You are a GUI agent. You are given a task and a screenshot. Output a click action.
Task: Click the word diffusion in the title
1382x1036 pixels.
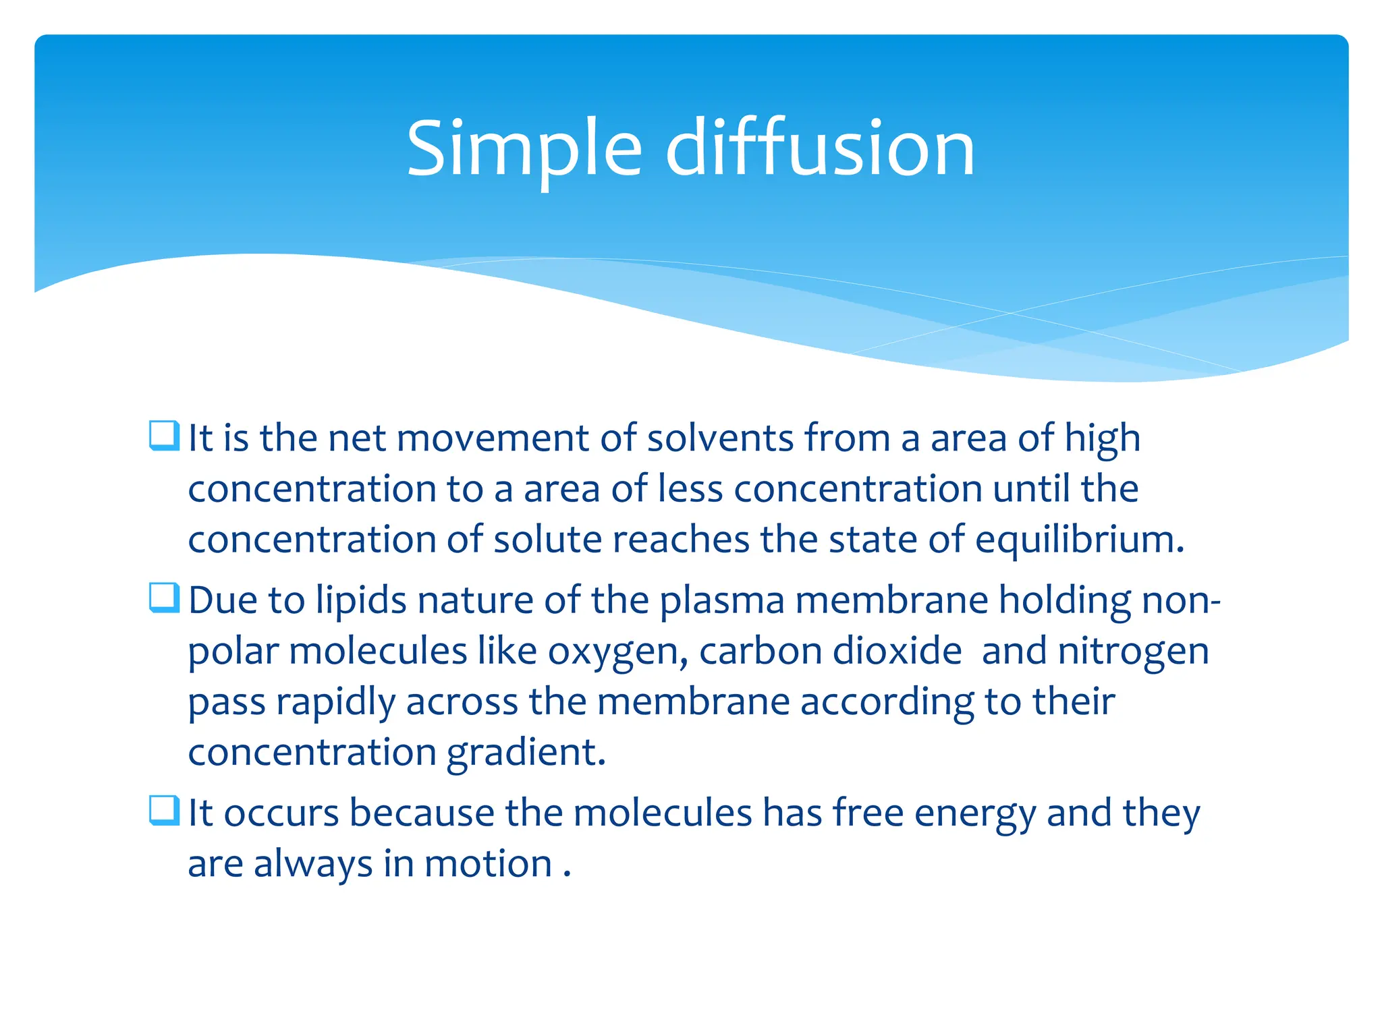pyautogui.click(x=820, y=148)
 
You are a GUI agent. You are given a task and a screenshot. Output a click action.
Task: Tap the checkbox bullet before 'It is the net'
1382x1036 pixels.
pyautogui.click(x=164, y=436)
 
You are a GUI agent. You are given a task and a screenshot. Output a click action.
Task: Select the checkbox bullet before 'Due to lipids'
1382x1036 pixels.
pyautogui.click(x=164, y=598)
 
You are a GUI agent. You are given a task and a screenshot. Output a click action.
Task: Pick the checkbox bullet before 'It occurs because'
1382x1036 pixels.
pyautogui.click(x=164, y=810)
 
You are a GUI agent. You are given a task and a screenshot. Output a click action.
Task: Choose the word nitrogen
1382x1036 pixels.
pyautogui.click(x=1133, y=653)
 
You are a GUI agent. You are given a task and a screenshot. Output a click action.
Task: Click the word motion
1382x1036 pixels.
pyautogui.click(x=488, y=864)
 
